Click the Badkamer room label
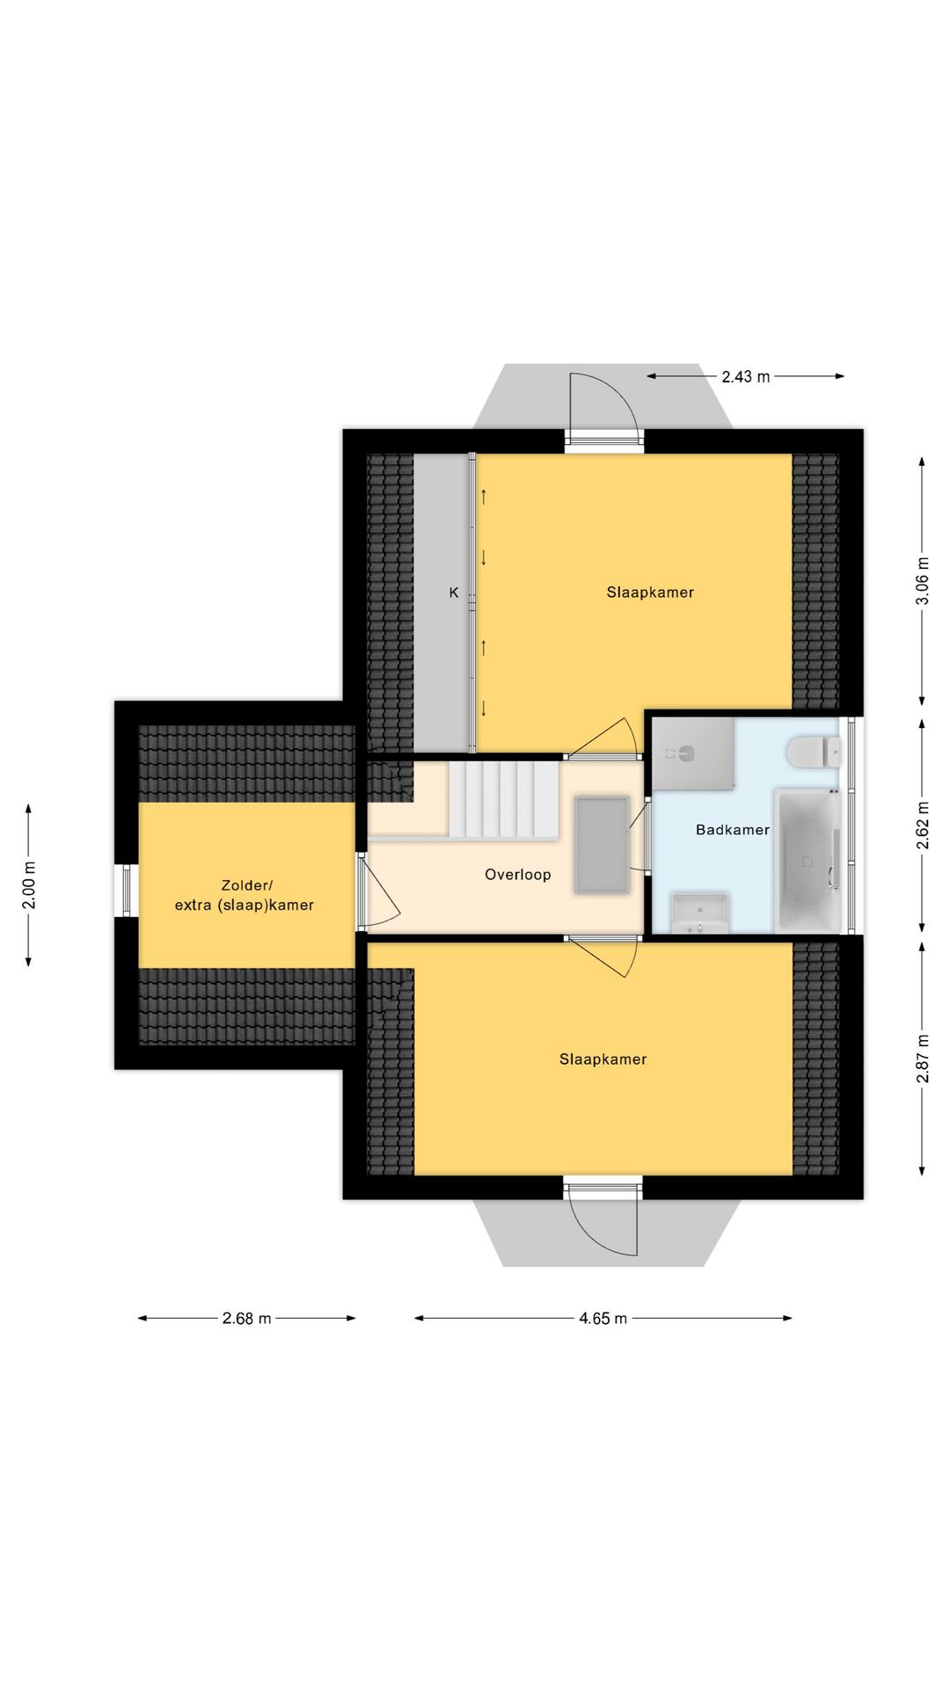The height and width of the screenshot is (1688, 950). click(732, 829)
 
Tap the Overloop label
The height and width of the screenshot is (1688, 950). click(518, 875)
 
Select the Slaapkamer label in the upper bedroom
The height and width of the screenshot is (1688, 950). click(650, 593)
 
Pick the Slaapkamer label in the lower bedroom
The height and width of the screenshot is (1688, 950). click(603, 1059)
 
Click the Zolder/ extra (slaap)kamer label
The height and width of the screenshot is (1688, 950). click(245, 895)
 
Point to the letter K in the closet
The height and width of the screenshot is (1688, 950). click(454, 593)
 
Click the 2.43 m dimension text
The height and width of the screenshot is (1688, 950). click(746, 376)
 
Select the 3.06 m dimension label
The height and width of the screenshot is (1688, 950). click(922, 581)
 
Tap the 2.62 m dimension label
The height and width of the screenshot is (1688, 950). click(922, 826)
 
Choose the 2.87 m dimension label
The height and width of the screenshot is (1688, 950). click(922, 1059)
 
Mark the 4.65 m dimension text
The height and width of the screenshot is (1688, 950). click(603, 1318)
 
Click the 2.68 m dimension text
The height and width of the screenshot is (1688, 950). click(247, 1318)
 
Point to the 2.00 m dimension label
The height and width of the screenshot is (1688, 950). click(29, 884)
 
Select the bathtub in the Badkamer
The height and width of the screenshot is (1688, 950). click(807, 860)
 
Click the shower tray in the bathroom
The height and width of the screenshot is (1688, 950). click(693, 753)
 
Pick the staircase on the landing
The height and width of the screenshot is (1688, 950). click(503, 799)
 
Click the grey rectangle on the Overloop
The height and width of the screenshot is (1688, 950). click(602, 846)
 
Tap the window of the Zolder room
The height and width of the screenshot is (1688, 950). click(126, 891)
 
